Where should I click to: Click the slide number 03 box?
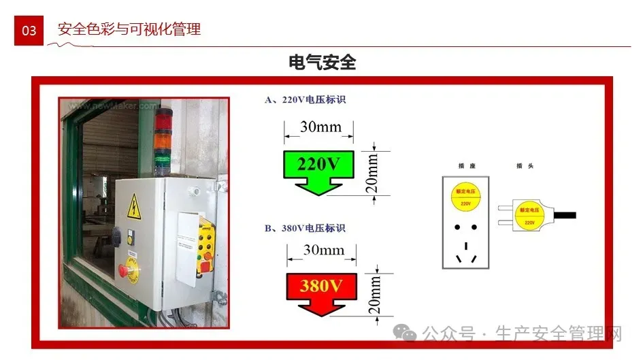29,31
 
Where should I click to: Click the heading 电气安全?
322,63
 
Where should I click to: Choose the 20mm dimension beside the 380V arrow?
373,295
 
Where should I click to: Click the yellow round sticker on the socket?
465,195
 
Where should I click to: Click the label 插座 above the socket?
466,165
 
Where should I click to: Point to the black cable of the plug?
564,216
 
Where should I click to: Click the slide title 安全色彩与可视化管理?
129,29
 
